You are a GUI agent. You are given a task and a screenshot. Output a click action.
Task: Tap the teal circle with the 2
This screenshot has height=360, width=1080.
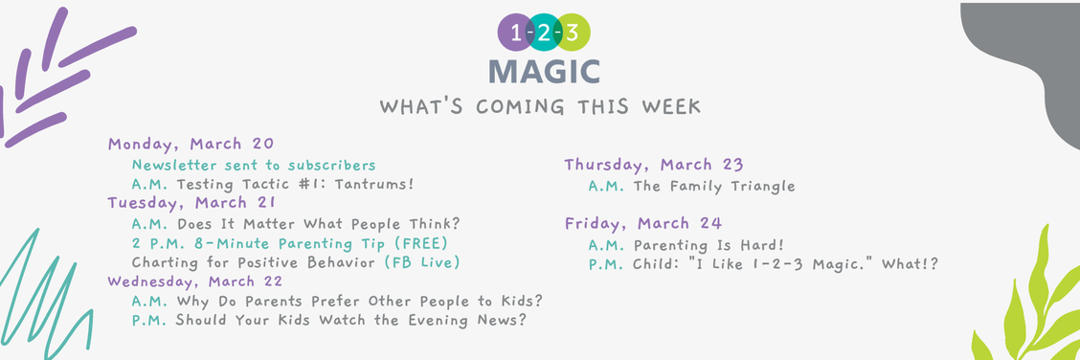pyautogui.click(x=544, y=34)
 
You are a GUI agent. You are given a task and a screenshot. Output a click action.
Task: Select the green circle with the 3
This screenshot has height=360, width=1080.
pyautogui.click(x=573, y=34)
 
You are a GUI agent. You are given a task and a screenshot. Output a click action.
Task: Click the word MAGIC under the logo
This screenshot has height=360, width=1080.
pyautogui.click(x=544, y=71)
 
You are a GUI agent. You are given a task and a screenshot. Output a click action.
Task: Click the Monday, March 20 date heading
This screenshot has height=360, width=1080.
pyautogui.click(x=191, y=145)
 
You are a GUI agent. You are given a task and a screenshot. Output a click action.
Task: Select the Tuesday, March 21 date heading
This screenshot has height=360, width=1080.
pyautogui.click(x=191, y=203)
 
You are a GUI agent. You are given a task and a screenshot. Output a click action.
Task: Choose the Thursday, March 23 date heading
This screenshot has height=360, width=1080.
pyautogui.click(x=654, y=165)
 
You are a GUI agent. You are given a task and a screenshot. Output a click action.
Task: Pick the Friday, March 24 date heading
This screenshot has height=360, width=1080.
pyautogui.click(x=642, y=224)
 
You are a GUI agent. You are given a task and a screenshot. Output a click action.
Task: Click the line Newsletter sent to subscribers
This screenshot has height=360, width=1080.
pyautogui.click(x=254, y=165)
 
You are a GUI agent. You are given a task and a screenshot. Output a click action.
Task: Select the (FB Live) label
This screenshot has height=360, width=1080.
pyautogui.click(x=422, y=262)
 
